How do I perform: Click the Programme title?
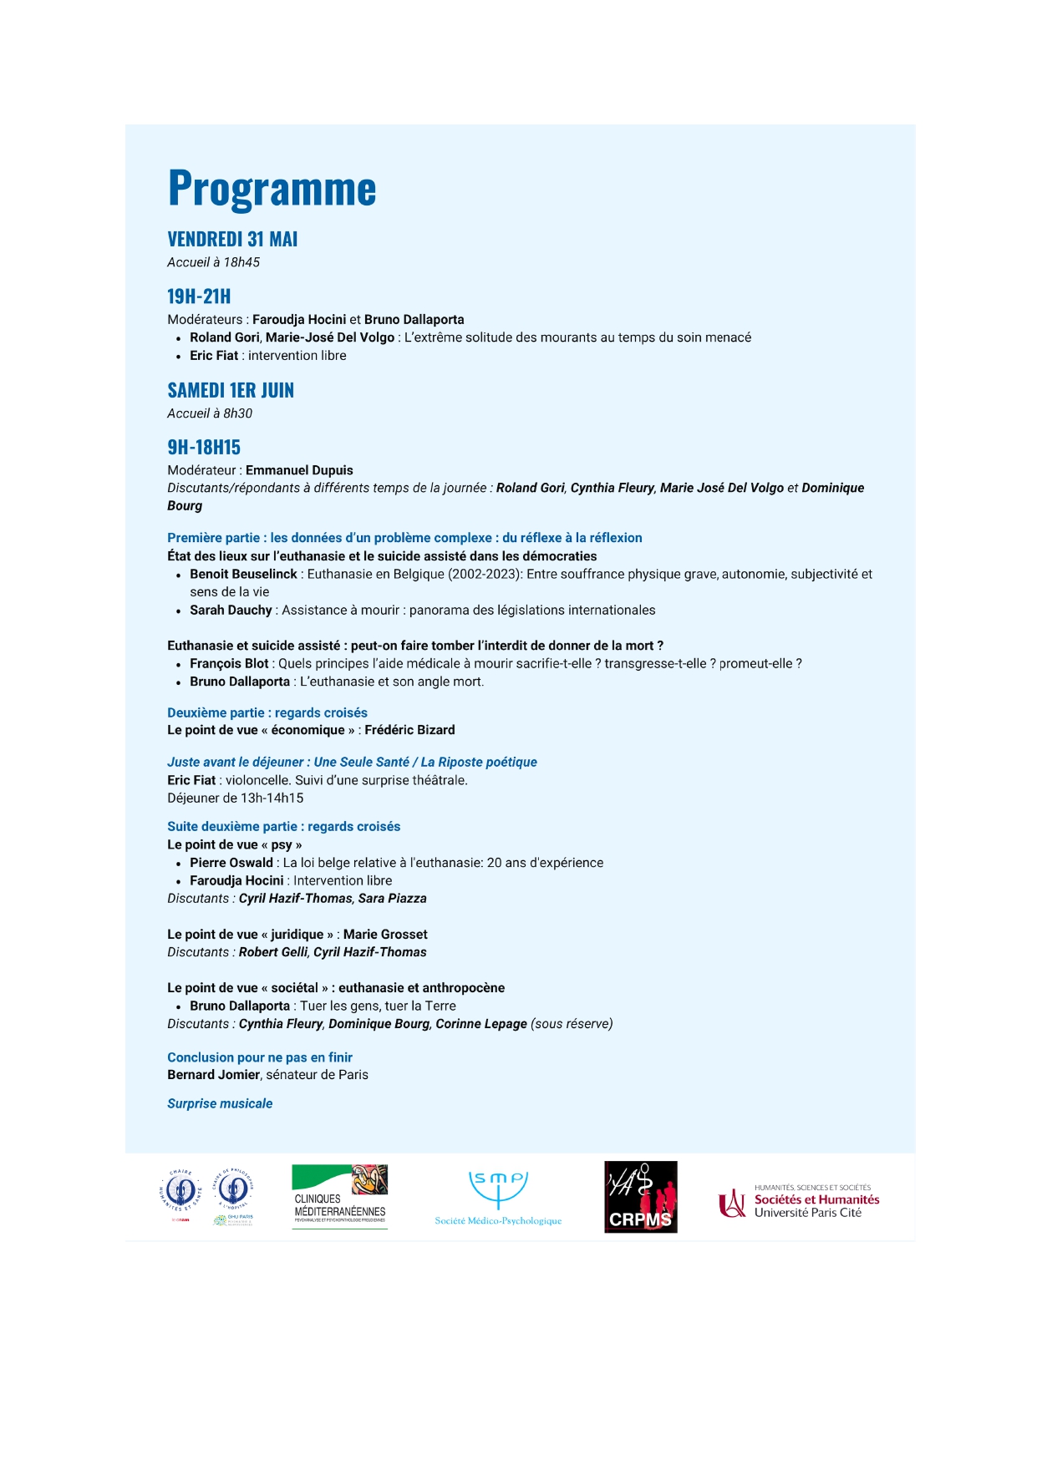point(272,189)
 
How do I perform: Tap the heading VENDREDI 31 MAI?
point(232,240)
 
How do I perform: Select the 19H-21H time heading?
point(199,297)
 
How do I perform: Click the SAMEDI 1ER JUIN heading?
point(231,391)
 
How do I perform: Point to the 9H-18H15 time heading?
point(204,448)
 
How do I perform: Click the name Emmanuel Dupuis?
point(299,470)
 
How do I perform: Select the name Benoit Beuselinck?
point(243,574)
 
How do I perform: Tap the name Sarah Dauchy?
point(231,610)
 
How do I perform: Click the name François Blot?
point(229,663)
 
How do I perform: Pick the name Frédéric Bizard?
point(409,730)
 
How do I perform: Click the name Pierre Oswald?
point(231,863)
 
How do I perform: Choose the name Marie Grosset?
point(385,934)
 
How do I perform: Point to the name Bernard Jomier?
point(213,1075)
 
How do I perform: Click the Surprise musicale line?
point(220,1103)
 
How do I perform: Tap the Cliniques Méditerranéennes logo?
point(339,1197)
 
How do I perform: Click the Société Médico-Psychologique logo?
point(498,1197)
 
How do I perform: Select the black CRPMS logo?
point(640,1197)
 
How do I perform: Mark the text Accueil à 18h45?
point(213,262)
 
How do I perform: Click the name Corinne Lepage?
point(481,1024)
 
